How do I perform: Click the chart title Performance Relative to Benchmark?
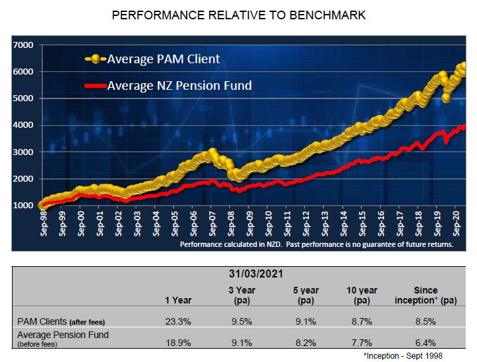tap(238, 14)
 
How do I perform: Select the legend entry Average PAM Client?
tap(163, 59)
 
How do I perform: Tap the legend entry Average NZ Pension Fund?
tap(179, 85)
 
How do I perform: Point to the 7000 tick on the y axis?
tap(23, 45)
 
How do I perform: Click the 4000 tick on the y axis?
tap(23, 125)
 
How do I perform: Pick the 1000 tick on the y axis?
tap(23, 206)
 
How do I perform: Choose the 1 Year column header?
tap(179, 300)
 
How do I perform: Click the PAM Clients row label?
tap(60, 321)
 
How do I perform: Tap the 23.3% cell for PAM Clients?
tap(179, 321)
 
